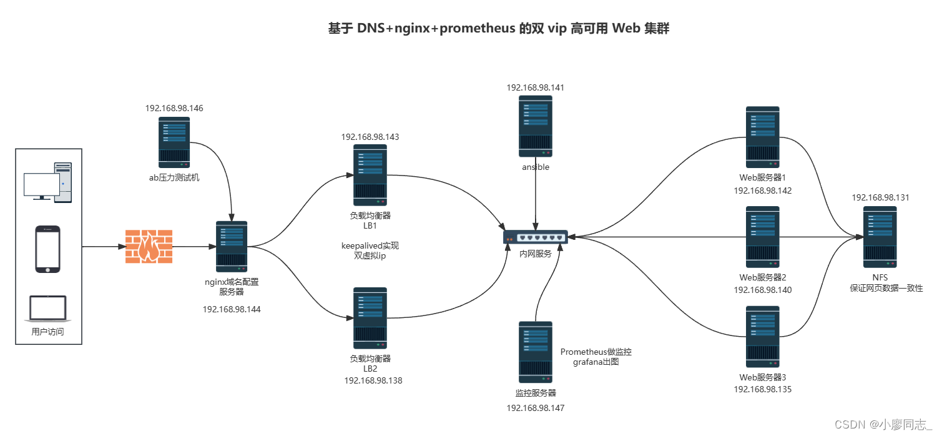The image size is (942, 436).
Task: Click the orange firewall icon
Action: (x=149, y=246)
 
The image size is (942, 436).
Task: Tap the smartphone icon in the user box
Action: (x=47, y=249)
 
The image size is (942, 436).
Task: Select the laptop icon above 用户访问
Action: (x=48, y=309)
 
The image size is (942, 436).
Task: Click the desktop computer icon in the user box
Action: (x=48, y=182)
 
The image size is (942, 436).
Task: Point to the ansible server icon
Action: (x=536, y=126)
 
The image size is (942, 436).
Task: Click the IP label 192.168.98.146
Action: (x=174, y=108)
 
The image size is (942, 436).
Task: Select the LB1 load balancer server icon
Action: (x=370, y=176)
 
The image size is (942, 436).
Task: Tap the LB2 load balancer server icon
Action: (x=370, y=318)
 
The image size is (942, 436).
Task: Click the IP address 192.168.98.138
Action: (x=373, y=380)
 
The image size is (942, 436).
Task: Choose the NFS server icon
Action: (x=880, y=237)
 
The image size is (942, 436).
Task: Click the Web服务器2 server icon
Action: (x=763, y=237)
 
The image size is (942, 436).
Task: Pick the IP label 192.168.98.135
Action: (x=762, y=389)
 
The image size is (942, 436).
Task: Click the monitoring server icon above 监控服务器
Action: (x=536, y=352)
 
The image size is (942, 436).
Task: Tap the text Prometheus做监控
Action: (x=596, y=352)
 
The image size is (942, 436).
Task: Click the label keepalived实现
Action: (x=370, y=245)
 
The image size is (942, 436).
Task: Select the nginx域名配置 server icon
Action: (x=232, y=246)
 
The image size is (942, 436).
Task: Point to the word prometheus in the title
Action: (x=478, y=29)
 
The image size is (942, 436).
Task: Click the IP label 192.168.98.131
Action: (x=880, y=197)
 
